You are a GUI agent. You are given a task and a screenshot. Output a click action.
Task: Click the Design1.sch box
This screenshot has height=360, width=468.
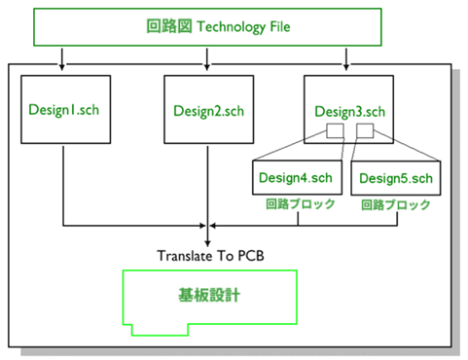coord(62,110)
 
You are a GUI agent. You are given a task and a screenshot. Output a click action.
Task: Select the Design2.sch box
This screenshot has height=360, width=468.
coord(207,110)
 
